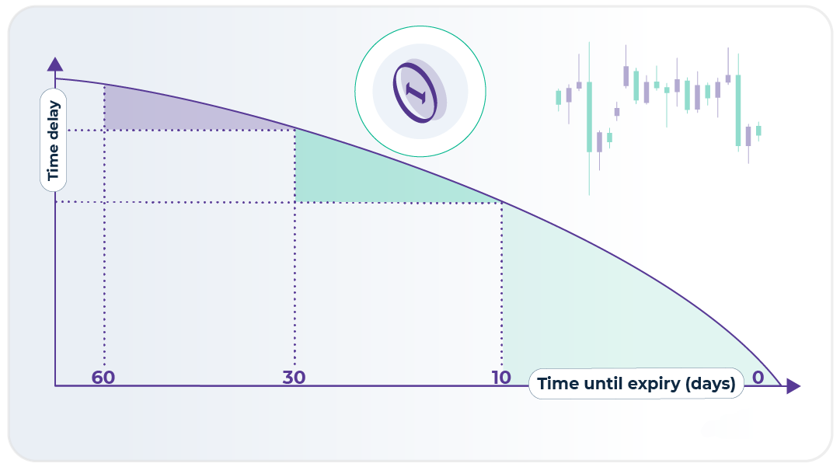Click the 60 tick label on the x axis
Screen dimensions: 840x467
tap(103, 378)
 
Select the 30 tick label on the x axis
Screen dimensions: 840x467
tap(294, 378)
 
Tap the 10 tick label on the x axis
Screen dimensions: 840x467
tap(501, 378)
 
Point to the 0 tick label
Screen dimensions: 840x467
tap(758, 378)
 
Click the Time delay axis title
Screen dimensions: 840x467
tap(53, 141)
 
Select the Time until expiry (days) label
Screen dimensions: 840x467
tap(636, 383)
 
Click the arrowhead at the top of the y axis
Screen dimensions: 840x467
tap(55, 64)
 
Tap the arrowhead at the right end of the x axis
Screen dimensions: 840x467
tap(793, 385)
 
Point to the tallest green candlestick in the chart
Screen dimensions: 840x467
tap(589, 117)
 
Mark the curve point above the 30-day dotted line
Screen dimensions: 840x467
tap(295, 129)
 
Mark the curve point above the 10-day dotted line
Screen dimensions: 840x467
tap(502, 203)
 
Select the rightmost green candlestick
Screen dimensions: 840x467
tap(758, 130)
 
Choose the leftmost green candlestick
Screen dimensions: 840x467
tap(558, 97)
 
